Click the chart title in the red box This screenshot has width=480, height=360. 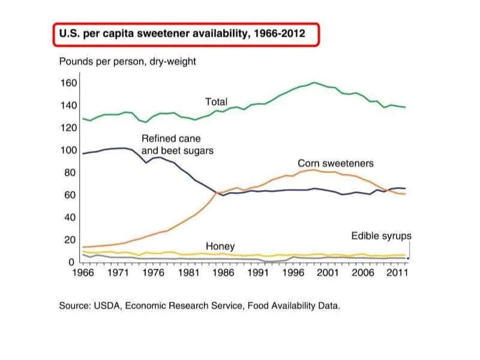[x=182, y=34]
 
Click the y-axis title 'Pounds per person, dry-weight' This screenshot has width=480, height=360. [x=127, y=61]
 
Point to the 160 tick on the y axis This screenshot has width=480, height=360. [x=68, y=83]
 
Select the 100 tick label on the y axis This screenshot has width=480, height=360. [x=68, y=150]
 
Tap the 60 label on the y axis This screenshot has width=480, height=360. [x=70, y=195]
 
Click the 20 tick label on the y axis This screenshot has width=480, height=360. [x=70, y=240]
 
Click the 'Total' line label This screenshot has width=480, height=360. [x=216, y=102]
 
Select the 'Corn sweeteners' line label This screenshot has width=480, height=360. [x=335, y=163]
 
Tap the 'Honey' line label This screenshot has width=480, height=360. [x=220, y=247]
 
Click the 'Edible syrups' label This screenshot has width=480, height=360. [x=381, y=236]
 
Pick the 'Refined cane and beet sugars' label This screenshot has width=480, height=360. [x=177, y=145]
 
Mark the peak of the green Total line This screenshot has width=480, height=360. [x=314, y=82]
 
